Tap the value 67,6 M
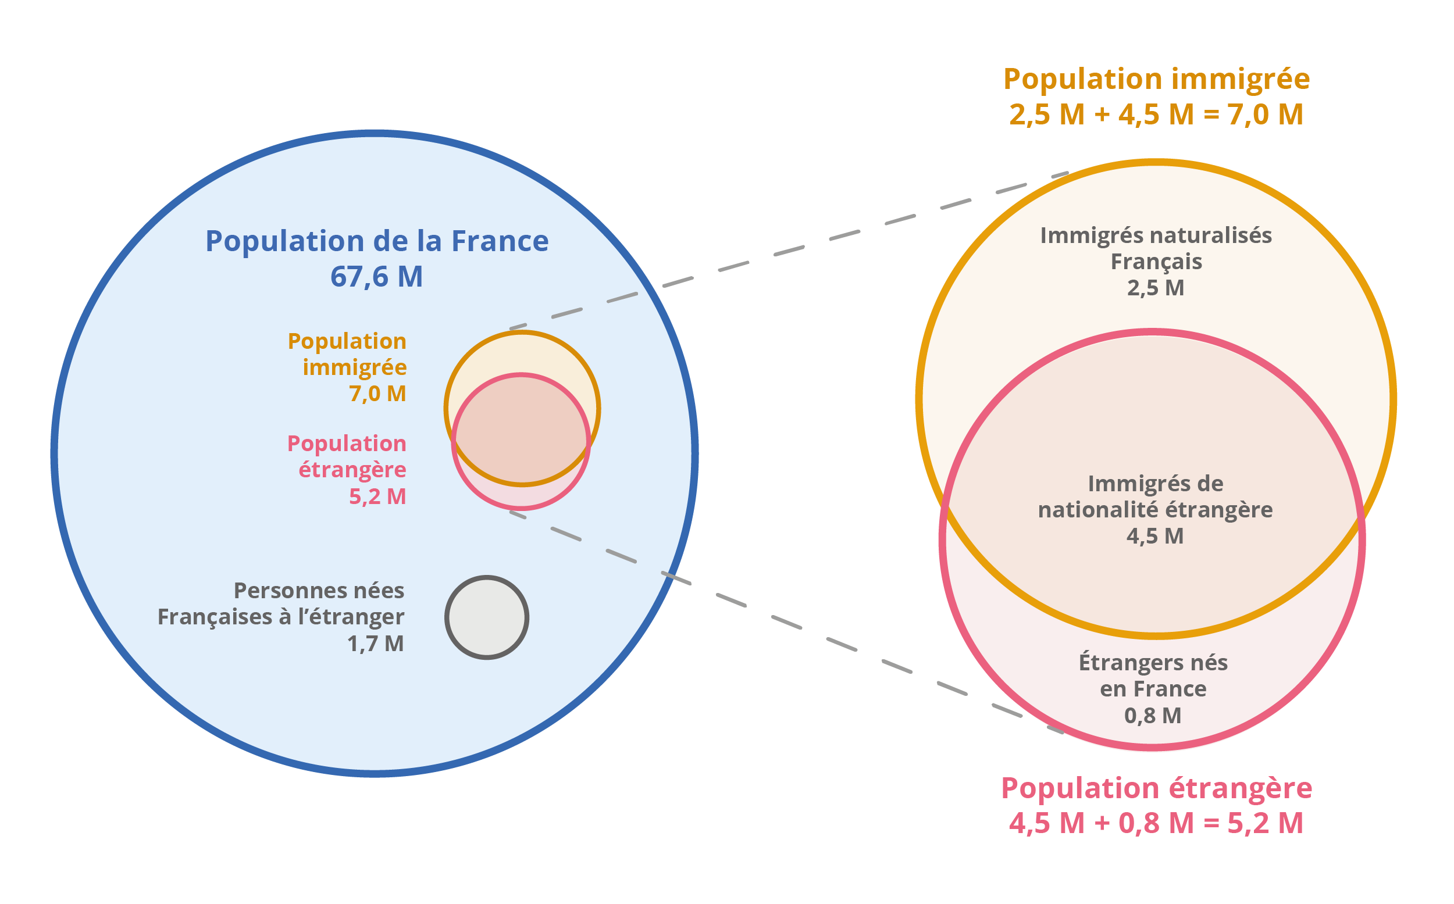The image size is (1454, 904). [x=377, y=277]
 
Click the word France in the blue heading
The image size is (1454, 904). [x=500, y=241]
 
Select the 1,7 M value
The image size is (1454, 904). [x=376, y=644]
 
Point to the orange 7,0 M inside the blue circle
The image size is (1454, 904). [x=377, y=394]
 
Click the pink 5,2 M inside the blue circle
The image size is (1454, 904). [x=377, y=496]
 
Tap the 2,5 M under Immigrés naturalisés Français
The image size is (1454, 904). [x=1156, y=288]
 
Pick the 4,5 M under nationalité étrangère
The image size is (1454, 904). [x=1156, y=535]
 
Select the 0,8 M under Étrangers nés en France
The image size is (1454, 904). [x=1153, y=715]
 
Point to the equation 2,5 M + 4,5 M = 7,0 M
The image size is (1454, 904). [x=1156, y=114]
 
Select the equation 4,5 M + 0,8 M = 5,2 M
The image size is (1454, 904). [x=1156, y=823]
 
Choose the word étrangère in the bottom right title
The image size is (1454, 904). [x=1241, y=788]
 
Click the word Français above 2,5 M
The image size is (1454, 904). [x=1156, y=262]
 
